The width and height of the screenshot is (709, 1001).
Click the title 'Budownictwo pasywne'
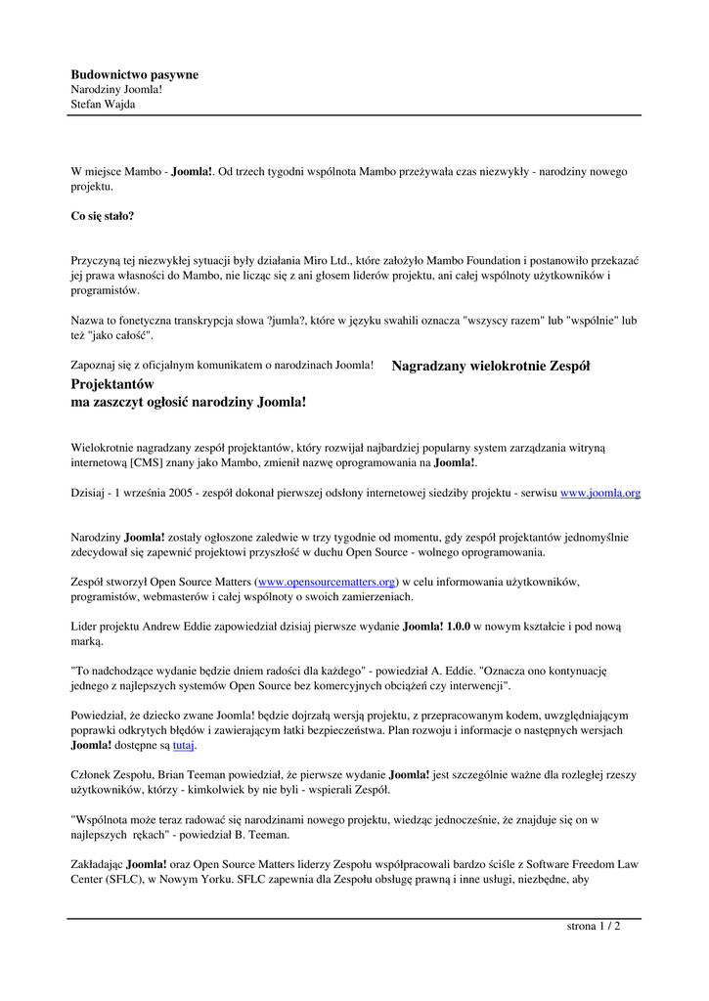134,74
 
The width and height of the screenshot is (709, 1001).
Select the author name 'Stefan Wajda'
103,104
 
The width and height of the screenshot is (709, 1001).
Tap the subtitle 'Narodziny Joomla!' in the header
116,89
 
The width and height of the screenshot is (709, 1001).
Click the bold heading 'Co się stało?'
103,215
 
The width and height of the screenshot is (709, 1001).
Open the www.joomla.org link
599,494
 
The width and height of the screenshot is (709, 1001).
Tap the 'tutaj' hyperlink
184,745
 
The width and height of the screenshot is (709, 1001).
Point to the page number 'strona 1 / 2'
594,926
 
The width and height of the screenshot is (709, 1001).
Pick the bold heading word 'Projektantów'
112,384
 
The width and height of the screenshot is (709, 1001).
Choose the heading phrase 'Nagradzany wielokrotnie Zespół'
491,367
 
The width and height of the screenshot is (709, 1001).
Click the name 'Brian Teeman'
176,774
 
